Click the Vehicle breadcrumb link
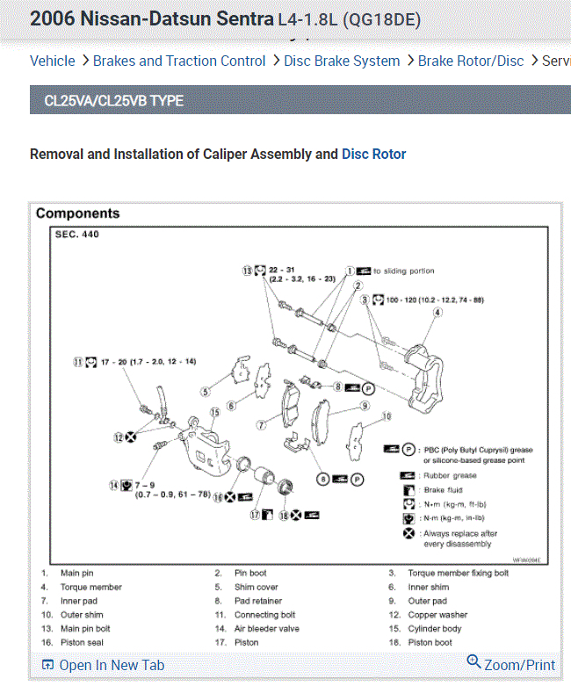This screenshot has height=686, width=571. [53, 61]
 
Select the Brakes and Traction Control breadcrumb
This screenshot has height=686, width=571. [179, 61]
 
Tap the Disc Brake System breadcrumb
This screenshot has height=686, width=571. [342, 61]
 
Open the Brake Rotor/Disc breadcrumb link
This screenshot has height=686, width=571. [471, 61]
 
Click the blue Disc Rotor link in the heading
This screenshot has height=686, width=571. [374, 154]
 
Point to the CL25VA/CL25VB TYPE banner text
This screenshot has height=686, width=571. [114, 101]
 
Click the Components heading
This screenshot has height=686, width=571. [78, 213]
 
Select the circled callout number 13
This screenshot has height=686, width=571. [248, 271]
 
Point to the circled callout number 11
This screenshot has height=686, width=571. [78, 361]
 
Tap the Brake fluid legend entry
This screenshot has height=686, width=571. [443, 490]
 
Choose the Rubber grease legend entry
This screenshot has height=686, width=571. [450, 475]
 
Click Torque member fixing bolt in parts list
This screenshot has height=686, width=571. [458, 574]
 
